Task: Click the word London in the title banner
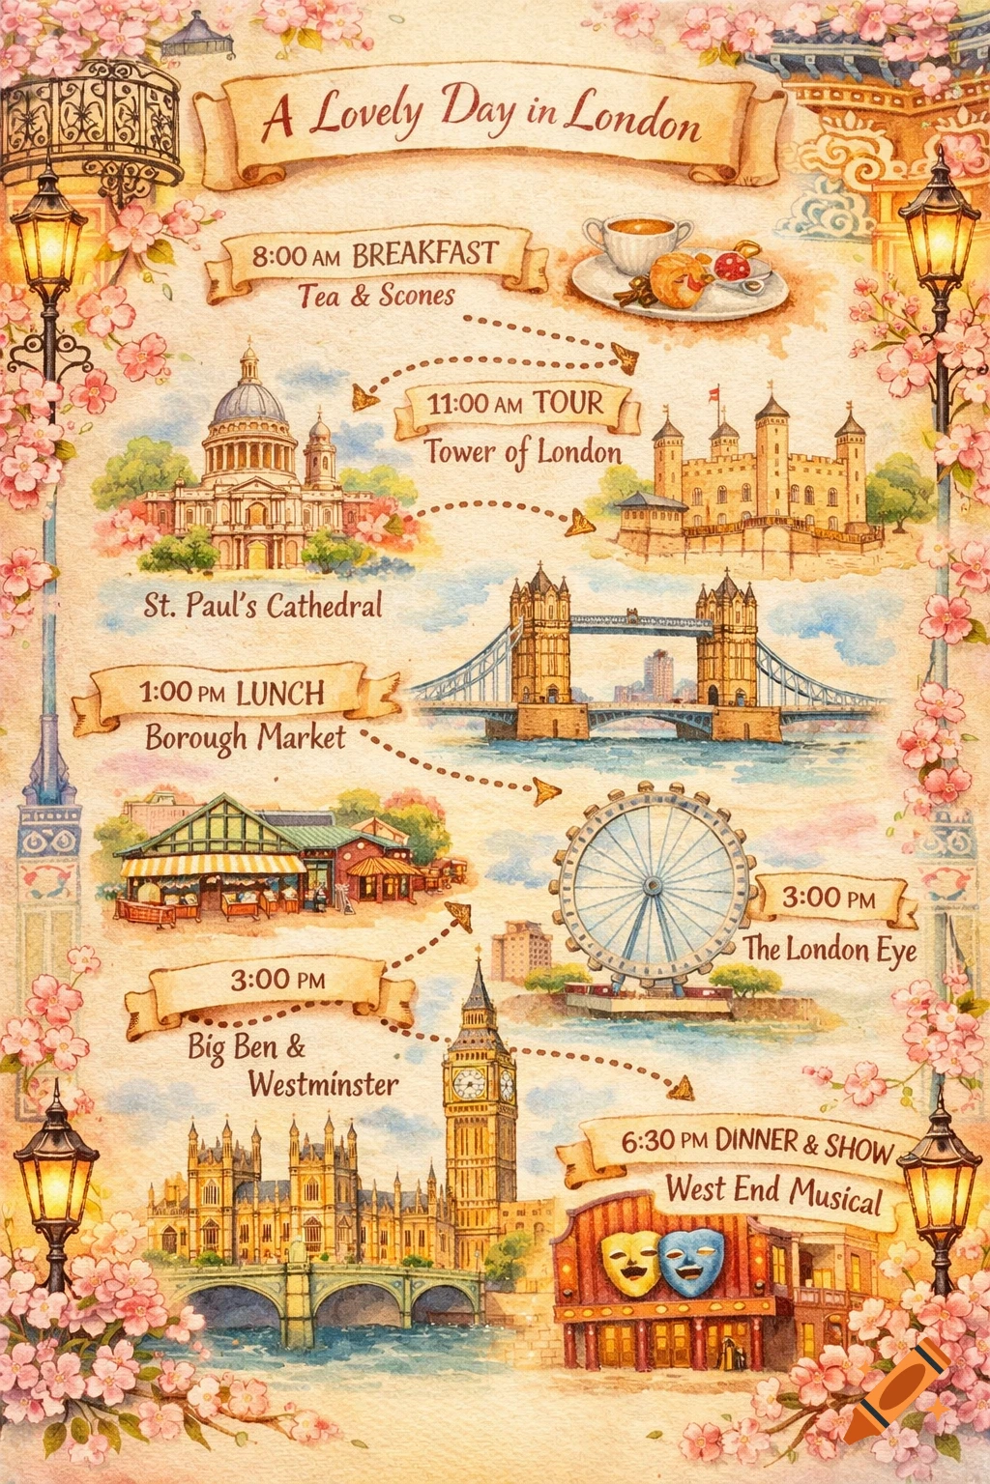pos(632,120)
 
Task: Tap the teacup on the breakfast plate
pos(639,242)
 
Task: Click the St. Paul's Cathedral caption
pos(263,606)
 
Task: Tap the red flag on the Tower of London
pos(715,392)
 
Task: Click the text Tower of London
pos(522,452)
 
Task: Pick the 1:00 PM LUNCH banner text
pos(232,693)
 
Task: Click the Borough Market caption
pos(245,738)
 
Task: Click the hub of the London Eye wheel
pos(651,886)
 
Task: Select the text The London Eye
pos(830,950)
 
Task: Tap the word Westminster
pos(323,1084)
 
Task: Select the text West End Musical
pos(773,1193)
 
